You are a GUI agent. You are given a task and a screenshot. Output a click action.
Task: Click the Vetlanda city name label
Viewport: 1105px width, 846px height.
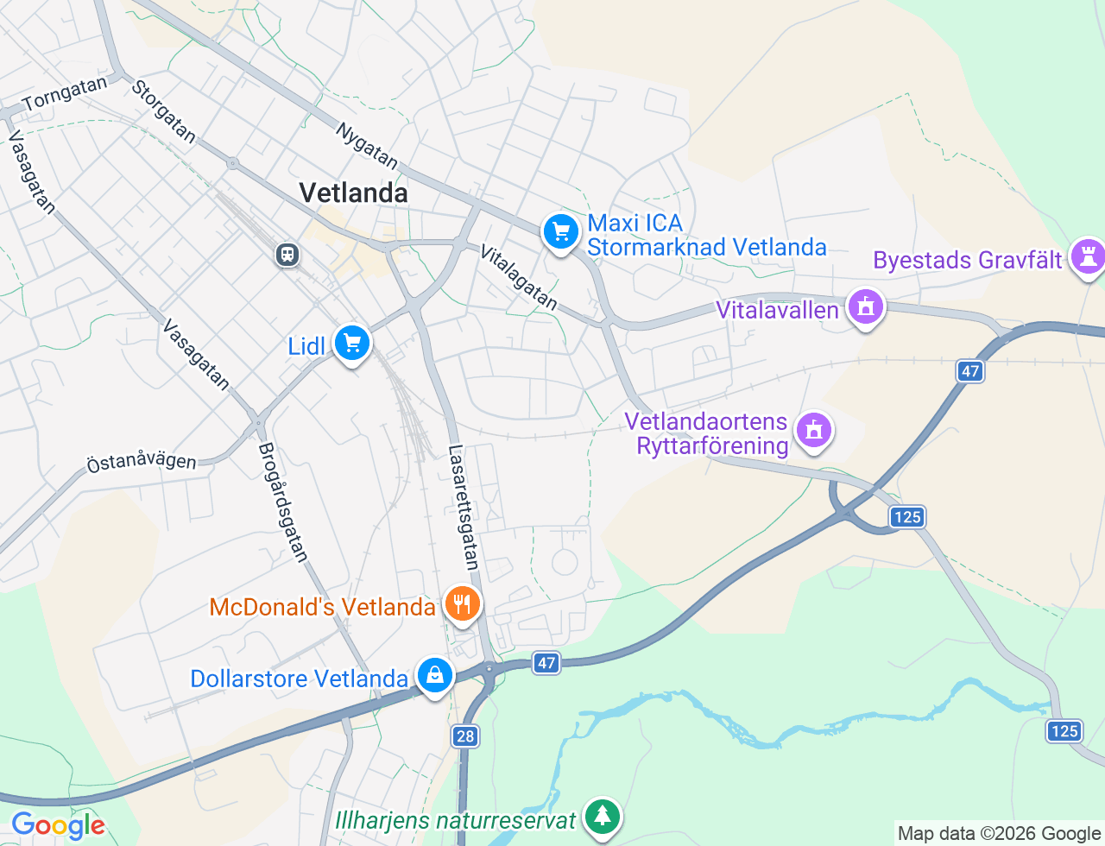tap(353, 193)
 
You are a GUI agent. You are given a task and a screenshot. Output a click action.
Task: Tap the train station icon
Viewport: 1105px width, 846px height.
tap(287, 255)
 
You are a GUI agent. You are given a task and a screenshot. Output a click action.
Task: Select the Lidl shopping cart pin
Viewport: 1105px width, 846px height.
tap(351, 344)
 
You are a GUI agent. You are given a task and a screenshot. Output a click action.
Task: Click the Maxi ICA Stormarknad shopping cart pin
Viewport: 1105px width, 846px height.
tap(561, 232)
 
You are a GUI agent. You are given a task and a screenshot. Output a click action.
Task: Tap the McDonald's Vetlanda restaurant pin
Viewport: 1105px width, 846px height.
tap(463, 603)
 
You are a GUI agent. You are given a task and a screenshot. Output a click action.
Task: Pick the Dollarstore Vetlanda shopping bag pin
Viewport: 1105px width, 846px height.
tap(435, 675)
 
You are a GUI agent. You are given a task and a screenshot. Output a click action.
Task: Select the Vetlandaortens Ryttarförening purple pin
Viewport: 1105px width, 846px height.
tap(813, 430)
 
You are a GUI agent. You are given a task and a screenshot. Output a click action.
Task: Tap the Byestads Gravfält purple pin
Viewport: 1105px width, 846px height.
tap(1087, 256)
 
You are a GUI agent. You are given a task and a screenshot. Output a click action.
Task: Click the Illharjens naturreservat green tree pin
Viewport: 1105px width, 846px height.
tap(602, 815)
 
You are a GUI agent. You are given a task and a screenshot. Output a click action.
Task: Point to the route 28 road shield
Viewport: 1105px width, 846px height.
tap(465, 736)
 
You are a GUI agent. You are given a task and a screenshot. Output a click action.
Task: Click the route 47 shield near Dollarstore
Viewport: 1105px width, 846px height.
tap(546, 663)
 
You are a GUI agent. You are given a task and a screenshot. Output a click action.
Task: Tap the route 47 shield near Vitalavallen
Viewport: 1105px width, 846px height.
tap(970, 371)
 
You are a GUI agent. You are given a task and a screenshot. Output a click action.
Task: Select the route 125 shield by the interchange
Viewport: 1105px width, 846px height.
tap(907, 516)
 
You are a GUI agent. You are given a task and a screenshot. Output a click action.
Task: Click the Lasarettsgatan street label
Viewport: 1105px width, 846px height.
tap(463, 508)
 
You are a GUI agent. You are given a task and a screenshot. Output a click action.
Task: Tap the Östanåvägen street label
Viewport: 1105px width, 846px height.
tap(142, 461)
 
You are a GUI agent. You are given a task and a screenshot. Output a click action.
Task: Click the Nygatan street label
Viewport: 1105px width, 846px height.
tap(367, 146)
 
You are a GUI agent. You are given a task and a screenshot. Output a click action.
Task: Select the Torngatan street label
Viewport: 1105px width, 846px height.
tap(65, 94)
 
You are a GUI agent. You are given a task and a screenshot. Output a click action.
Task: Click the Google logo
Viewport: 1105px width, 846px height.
tap(58, 825)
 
